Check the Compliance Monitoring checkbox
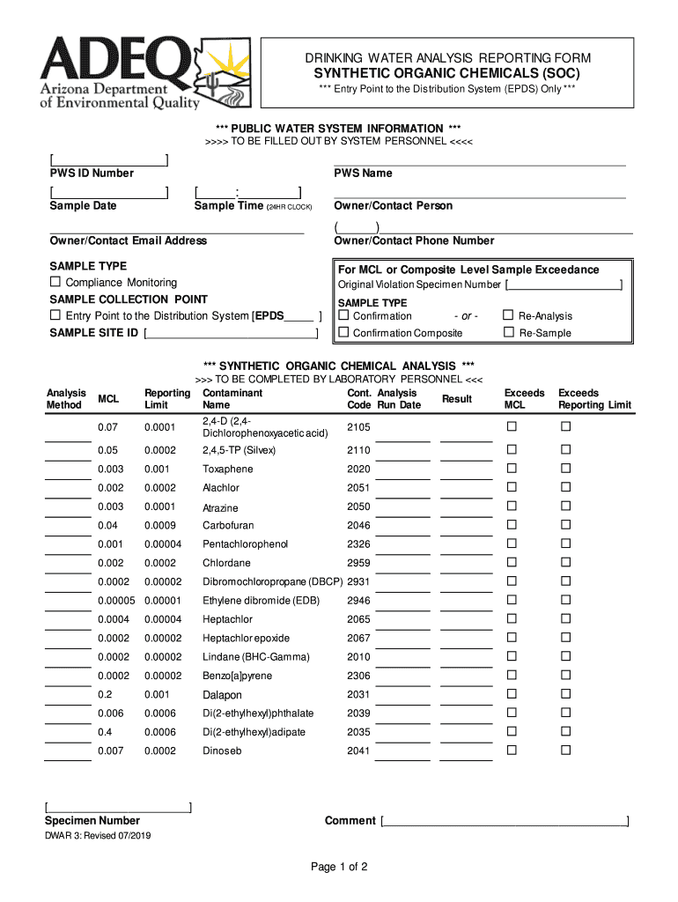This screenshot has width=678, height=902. click(55, 283)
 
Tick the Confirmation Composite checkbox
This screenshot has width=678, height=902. click(344, 333)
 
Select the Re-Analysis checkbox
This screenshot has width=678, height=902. click(508, 315)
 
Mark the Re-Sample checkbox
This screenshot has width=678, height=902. click(508, 333)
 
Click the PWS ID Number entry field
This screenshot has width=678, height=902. click(109, 160)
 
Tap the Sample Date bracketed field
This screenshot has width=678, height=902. click(109, 192)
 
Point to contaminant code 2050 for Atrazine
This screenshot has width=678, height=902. click(358, 507)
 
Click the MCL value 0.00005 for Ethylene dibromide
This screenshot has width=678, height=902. click(116, 601)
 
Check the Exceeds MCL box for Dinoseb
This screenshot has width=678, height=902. click(512, 750)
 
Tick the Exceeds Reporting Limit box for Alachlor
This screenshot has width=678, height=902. click(566, 487)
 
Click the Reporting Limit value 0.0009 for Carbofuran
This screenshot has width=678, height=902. click(159, 526)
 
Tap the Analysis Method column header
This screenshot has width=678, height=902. click(66, 399)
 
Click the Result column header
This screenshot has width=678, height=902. click(457, 399)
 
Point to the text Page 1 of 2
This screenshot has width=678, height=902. click(339, 867)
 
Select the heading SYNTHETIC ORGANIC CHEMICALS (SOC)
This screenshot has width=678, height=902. click(447, 74)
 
